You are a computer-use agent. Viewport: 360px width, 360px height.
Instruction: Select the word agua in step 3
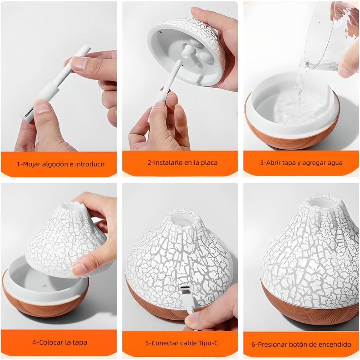(334, 163)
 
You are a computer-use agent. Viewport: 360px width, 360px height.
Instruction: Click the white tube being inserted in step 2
(172, 76)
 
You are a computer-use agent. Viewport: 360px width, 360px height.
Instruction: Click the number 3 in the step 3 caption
(262, 163)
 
